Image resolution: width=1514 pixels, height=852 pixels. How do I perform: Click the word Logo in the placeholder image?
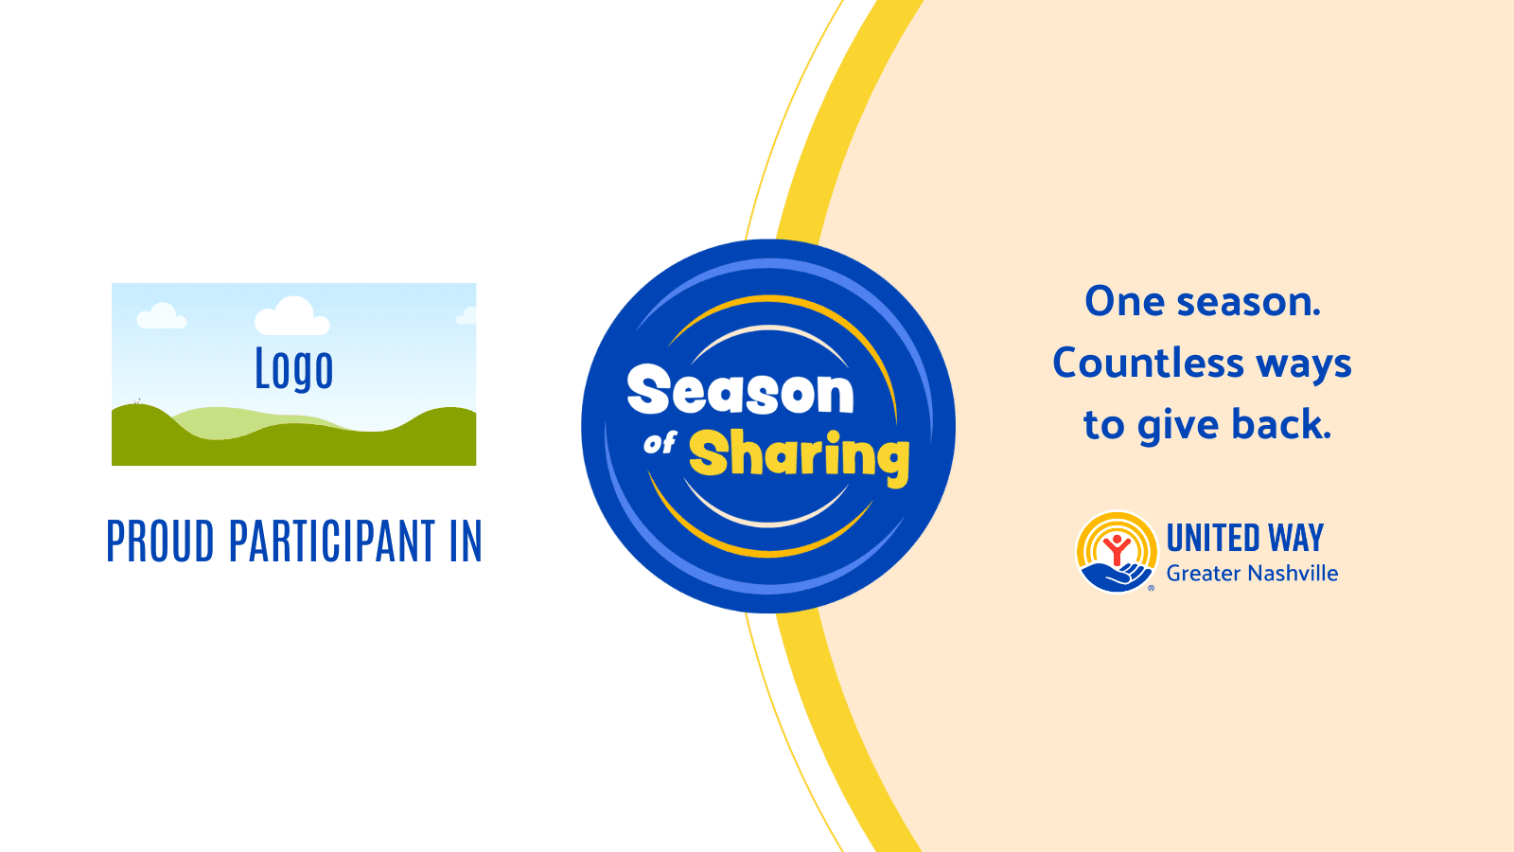pos(294,369)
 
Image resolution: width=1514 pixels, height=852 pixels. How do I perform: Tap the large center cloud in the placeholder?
pos(292,316)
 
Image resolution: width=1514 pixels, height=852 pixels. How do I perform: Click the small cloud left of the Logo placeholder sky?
pos(162,316)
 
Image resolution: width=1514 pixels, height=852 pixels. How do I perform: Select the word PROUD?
pos(160,541)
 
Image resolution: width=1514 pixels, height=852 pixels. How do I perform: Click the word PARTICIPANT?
pos(332,541)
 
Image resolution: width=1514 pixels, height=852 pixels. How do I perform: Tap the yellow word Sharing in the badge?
pos(800,455)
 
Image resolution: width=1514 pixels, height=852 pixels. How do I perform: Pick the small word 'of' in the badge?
pos(660,444)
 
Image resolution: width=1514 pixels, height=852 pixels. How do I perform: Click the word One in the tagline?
pos(1125,302)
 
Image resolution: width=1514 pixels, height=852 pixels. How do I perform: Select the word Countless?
pos(1149,364)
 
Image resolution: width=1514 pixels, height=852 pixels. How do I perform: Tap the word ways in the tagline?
pos(1304,365)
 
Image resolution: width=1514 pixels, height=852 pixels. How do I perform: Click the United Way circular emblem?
pos(1117,552)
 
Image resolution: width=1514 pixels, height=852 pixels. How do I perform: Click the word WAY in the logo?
pos(1295,539)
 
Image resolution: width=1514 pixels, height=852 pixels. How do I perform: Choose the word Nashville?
pos(1294,574)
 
